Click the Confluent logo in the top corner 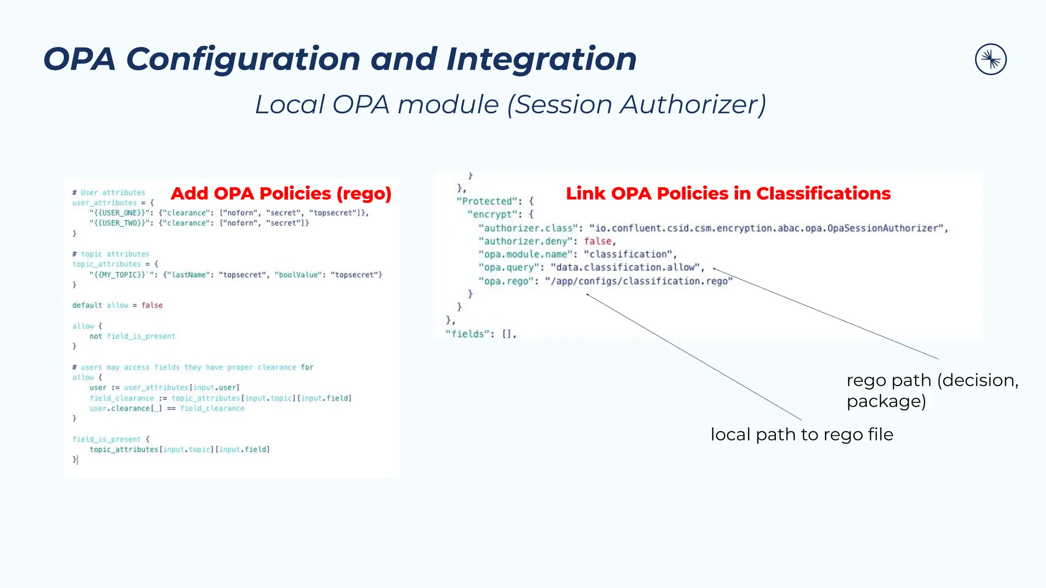point(990,59)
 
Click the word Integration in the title point(541,59)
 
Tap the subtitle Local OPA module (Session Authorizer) point(510,105)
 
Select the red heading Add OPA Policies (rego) point(281,193)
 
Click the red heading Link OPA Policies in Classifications point(728,193)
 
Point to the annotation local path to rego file point(801,434)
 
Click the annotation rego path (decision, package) point(932,390)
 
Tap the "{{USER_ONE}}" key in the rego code point(117,213)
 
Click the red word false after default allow point(152,305)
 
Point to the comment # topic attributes point(111,254)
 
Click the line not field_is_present point(132,336)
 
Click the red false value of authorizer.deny point(598,241)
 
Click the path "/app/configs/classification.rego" point(638,281)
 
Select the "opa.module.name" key point(526,254)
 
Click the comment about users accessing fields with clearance point(193,367)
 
